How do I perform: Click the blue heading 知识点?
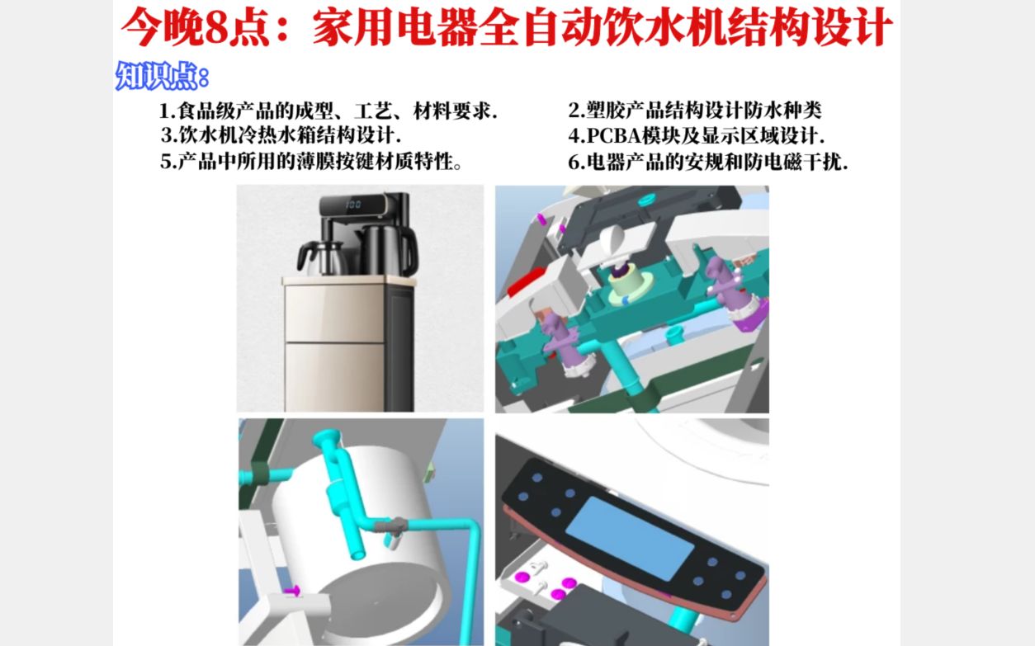point(157,76)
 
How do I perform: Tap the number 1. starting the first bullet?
point(168,111)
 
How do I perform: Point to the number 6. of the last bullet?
point(577,162)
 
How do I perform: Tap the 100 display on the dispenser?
point(353,205)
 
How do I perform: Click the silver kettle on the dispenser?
point(322,257)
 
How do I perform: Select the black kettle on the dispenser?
point(389,251)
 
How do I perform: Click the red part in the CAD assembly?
point(527,281)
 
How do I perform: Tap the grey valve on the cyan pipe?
point(391,525)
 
